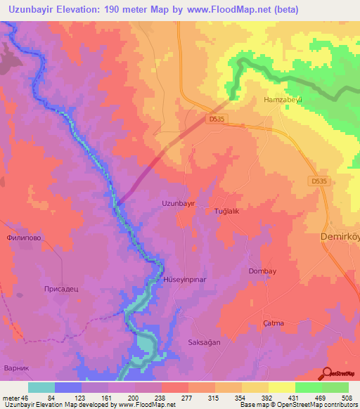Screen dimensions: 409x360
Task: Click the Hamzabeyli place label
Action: click(x=282, y=100)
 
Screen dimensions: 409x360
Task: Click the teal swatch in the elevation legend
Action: click(x=41, y=387)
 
